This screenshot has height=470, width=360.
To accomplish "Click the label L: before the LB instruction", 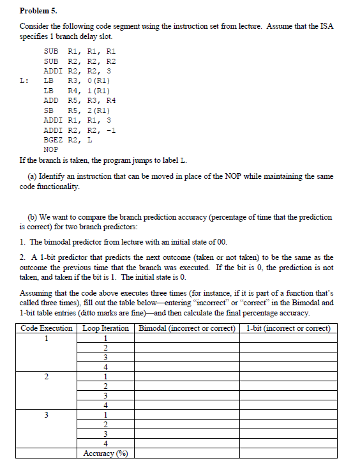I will pyautogui.click(x=24, y=81).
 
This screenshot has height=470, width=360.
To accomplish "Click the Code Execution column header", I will pyautogui.click(x=47, y=328).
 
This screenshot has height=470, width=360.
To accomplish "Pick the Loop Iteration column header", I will pyautogui.click(x=106, y=328).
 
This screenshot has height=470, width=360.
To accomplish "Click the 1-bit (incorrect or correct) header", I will pyautogui.click(x=288, y=328).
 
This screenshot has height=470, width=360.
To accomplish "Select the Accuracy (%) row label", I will pyautogui.click(x=106, y=453).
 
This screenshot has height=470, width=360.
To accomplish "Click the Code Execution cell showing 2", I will pyautogui.click(x=47, y=376).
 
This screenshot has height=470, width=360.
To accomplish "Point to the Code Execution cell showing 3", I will pyautogui.click(x=47, y=415).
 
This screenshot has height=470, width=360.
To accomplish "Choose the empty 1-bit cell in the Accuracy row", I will pyautogui.click(x=288, y=453).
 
